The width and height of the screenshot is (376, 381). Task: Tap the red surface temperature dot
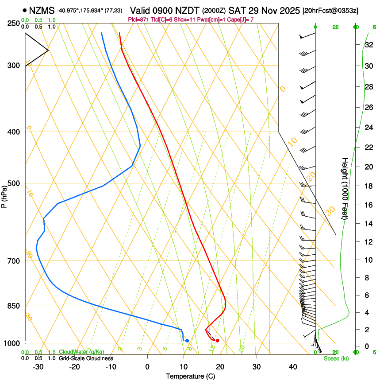(217, 341)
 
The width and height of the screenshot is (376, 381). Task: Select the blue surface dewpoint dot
(187, 341)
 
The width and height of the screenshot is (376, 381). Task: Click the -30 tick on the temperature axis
(38, 366)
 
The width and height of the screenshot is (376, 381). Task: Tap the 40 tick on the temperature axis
(293, 366)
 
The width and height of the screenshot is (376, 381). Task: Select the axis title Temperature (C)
(190, 376)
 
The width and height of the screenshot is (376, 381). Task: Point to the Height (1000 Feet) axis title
(345, 189)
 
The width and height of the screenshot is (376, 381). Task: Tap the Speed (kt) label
(336, 358)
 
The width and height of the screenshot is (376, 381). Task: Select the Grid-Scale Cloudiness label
(86, 358)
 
